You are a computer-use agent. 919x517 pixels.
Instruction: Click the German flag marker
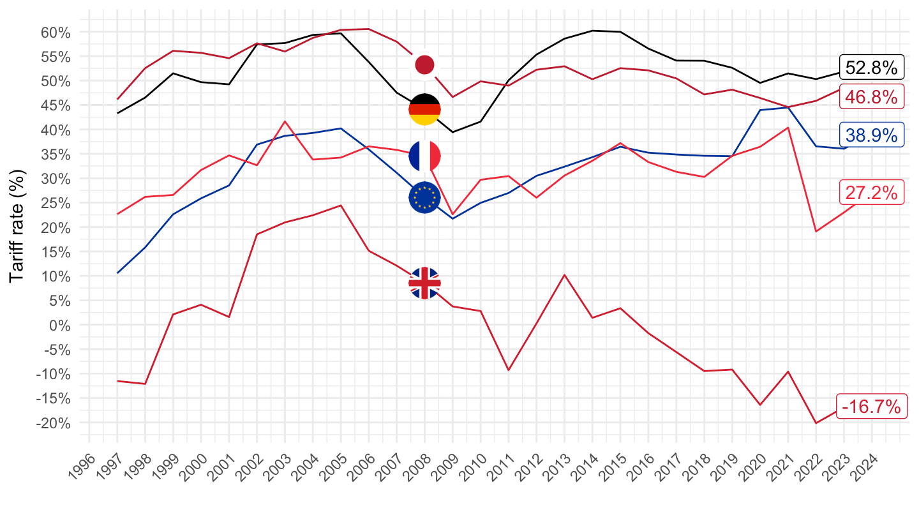[x=424, y=109]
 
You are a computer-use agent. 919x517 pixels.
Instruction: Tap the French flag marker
[x=424, y=156]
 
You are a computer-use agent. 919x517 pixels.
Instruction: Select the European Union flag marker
[x=424, y=198]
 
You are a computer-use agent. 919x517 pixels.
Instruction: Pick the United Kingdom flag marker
[x=424, y=283]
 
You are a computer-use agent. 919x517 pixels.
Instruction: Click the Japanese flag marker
[x=424, y=64]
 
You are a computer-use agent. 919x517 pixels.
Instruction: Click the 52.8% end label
[x=871, y=67]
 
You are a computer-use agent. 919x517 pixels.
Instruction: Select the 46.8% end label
[x=871, y=97]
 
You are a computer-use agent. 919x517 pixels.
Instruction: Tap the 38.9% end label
[x=871, y=135]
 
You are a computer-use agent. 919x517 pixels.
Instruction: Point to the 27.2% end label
[x=871, y=193]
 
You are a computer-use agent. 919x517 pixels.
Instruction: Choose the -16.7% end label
[x=871, y=406]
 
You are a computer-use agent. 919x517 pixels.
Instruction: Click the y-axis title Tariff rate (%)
[x=17, y=227]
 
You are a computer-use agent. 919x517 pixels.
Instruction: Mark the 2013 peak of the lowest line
[x=564, y=274]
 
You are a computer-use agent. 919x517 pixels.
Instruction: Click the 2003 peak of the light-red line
[x=285, y=121]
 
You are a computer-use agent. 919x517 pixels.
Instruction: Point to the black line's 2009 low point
[x=452, y=132]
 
